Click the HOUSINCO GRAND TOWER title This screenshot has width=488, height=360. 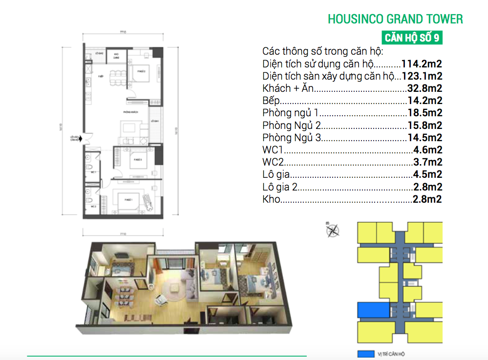pos(395,19)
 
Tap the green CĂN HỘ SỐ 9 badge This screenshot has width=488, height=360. pos(412,38)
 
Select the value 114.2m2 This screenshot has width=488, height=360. pos(422,64)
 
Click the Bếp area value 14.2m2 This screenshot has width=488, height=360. pos(425,101)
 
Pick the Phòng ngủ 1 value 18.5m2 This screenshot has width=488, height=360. pos(425,113)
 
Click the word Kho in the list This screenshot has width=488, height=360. pos(271,199)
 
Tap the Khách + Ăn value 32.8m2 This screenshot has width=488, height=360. pos(425,88)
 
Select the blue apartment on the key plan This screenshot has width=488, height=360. pos(373,310)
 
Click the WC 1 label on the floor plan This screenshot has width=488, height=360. pos(93,172)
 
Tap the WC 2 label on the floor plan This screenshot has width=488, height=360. pos(93,207)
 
